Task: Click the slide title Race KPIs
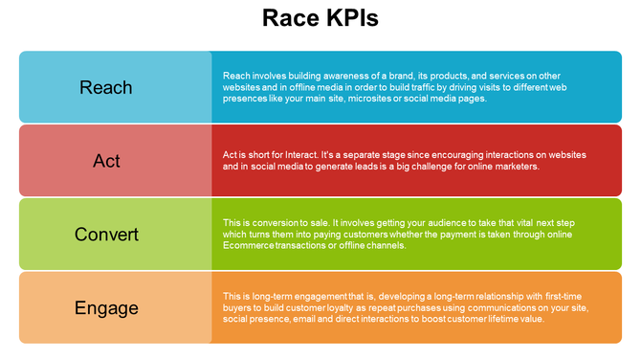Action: pyautogui.click(x=320, y=18)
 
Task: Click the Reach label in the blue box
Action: pyautogui.click(x=106, y=87)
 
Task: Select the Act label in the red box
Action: pyautogui.click(x=106, y=160)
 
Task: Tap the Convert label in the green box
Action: pyautogui.click(x=106, y=235)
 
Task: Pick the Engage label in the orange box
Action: pyautogui.click(x=106, y=308)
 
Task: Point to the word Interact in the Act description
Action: pyautogui.click(x=312, y=154)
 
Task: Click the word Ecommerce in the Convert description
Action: pyautogui.click(x=247, y=245)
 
